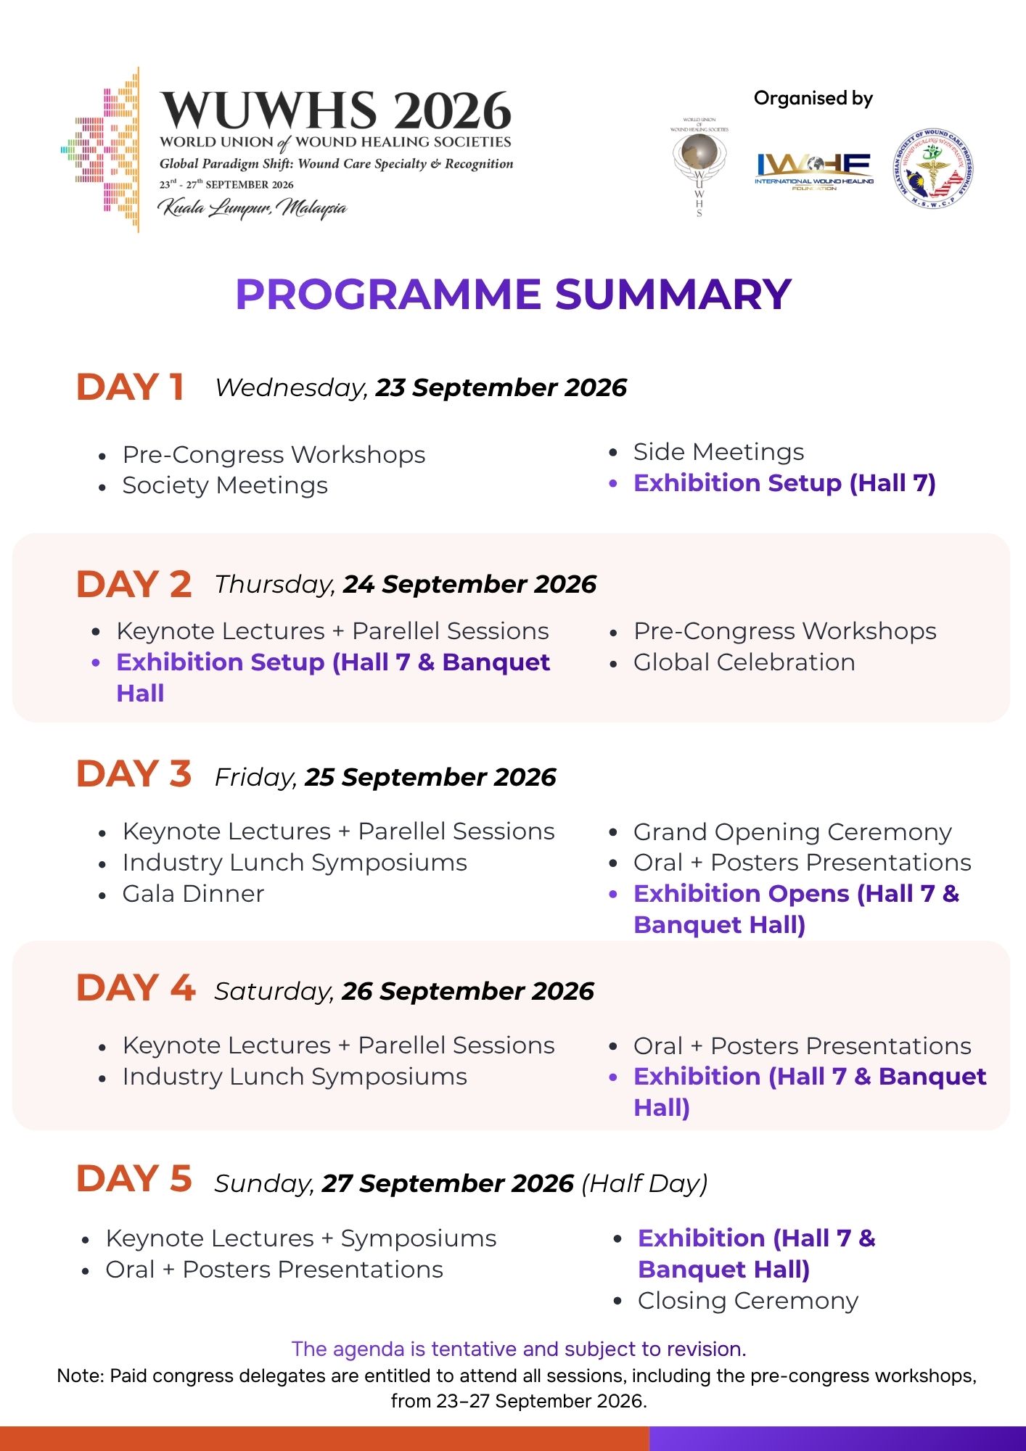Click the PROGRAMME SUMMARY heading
513,295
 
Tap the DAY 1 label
130,387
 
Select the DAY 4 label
136,988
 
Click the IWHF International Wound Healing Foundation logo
813,172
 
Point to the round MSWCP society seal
932,170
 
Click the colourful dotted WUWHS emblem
101,149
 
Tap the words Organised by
813,98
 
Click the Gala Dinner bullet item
193,894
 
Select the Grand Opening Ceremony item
792,832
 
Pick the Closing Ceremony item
748,1301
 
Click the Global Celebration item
744,662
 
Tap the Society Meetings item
225,485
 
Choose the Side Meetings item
718,452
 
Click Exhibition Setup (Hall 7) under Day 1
784,483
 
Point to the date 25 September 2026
430,777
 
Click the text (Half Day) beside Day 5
644,1183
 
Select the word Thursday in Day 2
275,584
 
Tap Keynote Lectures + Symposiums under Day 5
301,1238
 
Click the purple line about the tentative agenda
519,1349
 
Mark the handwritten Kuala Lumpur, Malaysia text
253,208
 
